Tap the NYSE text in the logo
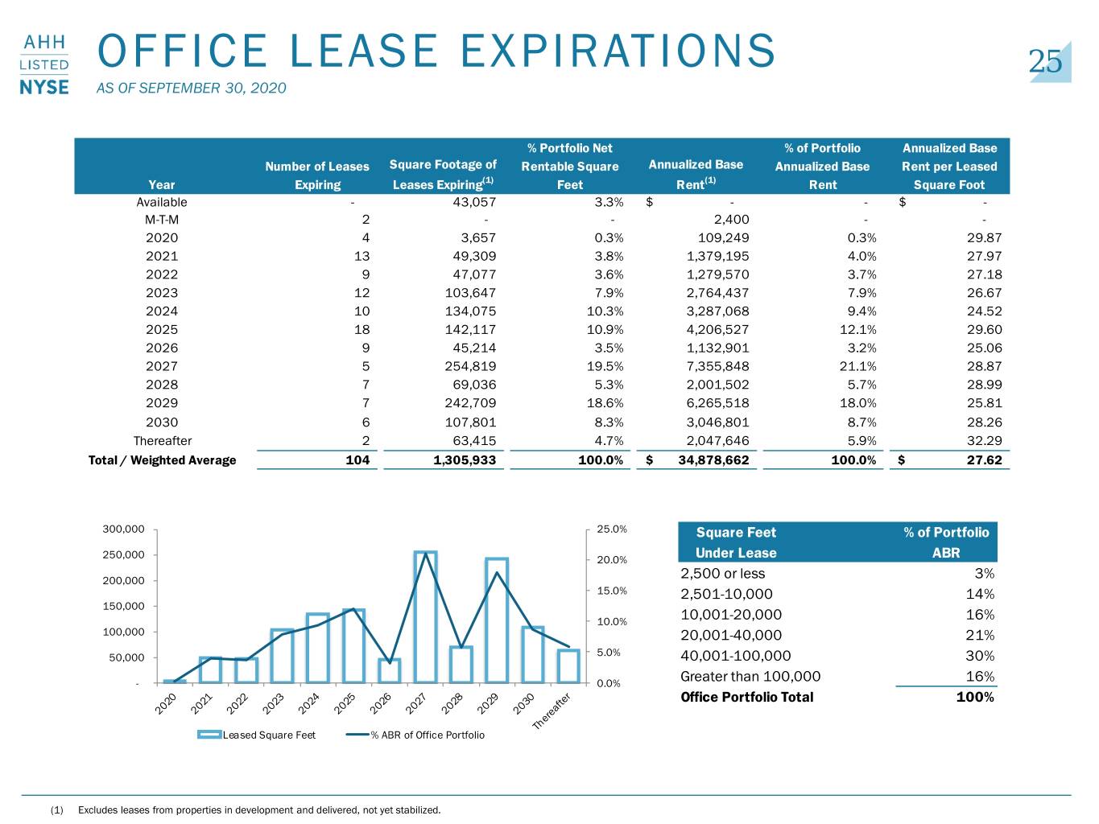[44, 88]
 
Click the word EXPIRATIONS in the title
[618, 51]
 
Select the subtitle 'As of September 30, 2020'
[191, 88]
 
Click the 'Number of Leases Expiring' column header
[317, 175]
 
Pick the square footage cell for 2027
[470, 366]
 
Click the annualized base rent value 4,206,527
[717, 330]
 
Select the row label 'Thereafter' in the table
[162, 441]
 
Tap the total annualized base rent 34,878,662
[713, 460]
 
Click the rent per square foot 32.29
[985, 441]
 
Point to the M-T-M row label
[161, 220]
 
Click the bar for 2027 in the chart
[426, 617]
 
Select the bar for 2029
[497, 620]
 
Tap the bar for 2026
[390, 671]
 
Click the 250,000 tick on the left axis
[123, 555]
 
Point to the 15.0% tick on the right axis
[612, 591]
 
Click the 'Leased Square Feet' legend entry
[256, 735]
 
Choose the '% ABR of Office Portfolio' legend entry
[415, 735]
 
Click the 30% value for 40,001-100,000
[980, 656]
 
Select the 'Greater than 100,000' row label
[750, 677]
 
